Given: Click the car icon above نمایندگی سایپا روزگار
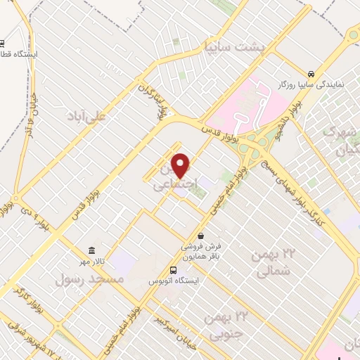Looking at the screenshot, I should (311, 73).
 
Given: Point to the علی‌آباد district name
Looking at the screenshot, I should (85, 115).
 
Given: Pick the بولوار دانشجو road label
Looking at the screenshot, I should (289, 112).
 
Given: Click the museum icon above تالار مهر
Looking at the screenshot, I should (92, 250).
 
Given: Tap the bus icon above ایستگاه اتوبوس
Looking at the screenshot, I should (174, 270).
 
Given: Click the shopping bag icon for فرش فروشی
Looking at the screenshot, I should (202, 236).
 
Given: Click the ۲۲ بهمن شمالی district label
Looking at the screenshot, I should (274, 262).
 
